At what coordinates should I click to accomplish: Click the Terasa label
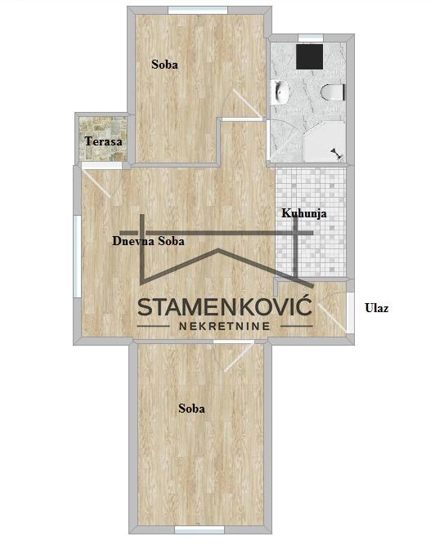point(104,141)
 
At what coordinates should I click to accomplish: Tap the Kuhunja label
point(304,213)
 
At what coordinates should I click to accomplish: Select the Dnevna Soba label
point(148,241)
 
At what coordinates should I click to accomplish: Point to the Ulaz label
point(377,308)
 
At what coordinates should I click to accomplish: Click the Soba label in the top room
point(165,65)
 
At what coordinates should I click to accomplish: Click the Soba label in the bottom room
point(191,408)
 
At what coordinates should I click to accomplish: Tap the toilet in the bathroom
point(333,92)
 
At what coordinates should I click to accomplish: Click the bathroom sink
point(280,92)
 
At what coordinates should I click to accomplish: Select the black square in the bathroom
point(310,56)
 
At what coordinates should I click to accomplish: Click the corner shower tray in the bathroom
point(325,141)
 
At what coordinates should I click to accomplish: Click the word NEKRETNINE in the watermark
point(225,326)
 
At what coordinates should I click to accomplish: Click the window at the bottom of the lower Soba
point(200,530)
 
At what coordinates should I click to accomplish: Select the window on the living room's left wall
point(77,257)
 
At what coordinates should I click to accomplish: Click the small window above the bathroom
point(311,38)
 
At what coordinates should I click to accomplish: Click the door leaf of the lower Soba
point(240,357)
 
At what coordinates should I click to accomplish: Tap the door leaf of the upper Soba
point(248,104)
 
